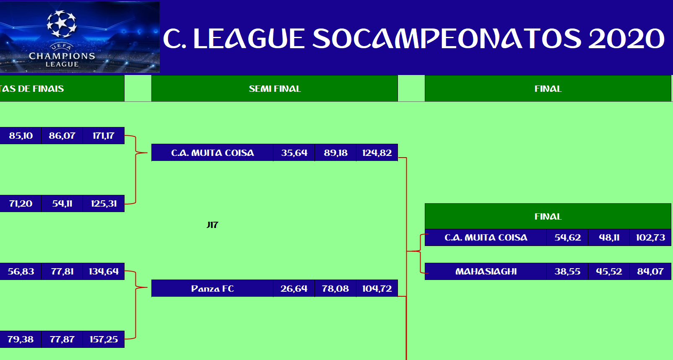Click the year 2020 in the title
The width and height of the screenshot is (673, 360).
coord(626,39)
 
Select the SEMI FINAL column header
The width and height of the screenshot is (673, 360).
coord(275,88)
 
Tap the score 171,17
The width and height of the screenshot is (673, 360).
coord(104,136)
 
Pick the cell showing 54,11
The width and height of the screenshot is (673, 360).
coord(62,204)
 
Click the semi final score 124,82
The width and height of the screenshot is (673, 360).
coord(377,153)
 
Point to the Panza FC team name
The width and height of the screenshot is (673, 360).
coord(213,288)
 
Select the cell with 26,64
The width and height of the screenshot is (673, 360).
coord(294,288)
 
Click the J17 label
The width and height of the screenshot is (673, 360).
coord(213,225)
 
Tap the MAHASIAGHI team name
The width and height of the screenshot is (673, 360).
coord(486,272)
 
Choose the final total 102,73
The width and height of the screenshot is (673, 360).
coord(650,238)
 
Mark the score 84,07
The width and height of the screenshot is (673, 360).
coord(650,272)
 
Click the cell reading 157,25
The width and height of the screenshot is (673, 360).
coord(104,339)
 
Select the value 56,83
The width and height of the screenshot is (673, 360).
coord(21,272)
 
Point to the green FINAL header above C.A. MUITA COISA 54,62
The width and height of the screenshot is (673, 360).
coord(548,217)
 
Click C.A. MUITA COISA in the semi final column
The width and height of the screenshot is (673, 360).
coord(213,153)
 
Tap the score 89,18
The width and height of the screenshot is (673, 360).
coord(335,153)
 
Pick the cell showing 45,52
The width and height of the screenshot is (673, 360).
coord(609,272)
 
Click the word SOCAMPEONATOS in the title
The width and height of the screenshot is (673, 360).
coord(447,39)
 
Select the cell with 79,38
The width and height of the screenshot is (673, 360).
coord(21,339)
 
